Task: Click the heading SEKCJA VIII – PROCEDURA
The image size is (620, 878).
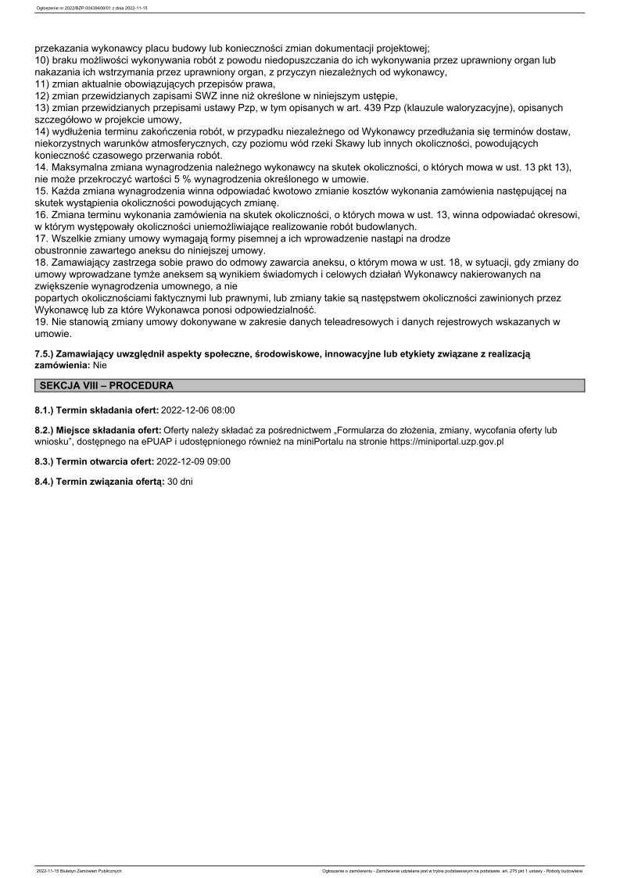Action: click(x=106, y=385)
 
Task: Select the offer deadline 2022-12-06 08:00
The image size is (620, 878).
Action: click(x=198, y=409)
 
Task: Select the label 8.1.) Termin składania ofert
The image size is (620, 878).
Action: click(x=96, y=409)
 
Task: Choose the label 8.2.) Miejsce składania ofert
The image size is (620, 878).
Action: click(x=97, y=430)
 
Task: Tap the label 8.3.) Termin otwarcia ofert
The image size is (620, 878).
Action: click(x=95, y=461)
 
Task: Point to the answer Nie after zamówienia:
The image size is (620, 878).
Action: click(x=100, y=364)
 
